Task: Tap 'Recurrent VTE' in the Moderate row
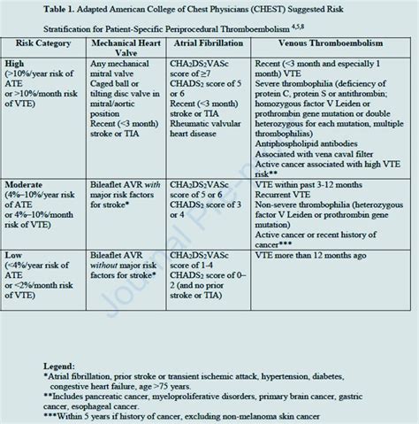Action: coord(299,215)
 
